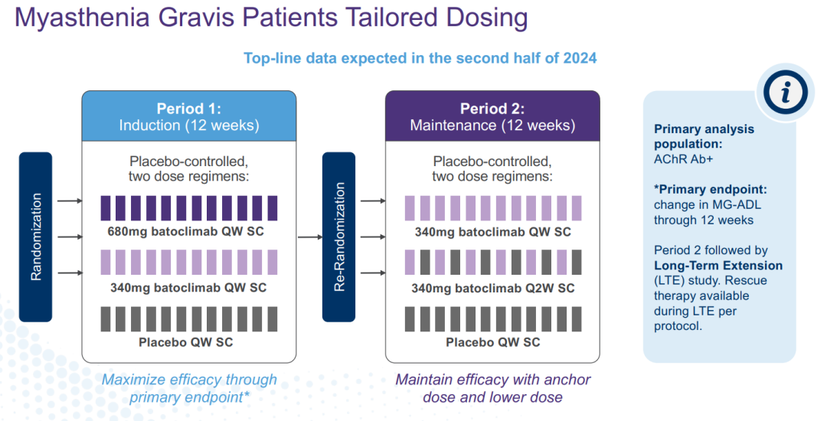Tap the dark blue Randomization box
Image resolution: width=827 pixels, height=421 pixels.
tap(36, 237)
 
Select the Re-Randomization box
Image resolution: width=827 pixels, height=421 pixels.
tap(339, 237)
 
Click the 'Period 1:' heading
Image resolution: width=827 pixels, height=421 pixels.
tap(188, 109)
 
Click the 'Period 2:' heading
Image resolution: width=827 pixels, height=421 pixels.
tap(492, 109)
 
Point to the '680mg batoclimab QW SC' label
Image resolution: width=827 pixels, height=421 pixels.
tap(188, 231)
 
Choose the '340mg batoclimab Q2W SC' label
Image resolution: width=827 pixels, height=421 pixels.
tap(492, 289)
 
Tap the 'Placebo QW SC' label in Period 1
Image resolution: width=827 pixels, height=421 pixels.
tap(186, 342)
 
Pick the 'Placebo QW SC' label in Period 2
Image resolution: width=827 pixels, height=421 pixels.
tap(492, 342)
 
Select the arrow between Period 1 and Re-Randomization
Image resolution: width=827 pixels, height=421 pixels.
tap(309, 237)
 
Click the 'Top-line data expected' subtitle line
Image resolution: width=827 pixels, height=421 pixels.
tap(420, 58)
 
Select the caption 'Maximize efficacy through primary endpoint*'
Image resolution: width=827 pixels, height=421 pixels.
tap(189, 388)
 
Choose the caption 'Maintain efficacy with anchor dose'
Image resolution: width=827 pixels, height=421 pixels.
tap(492, 388)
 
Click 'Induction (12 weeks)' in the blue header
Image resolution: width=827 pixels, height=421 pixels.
tap(188, 126)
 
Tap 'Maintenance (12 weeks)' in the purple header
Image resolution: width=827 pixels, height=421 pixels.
tap(492, 126)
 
